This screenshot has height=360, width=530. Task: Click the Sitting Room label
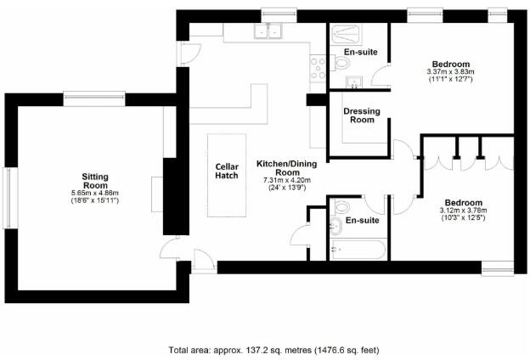click(x=94, y=179)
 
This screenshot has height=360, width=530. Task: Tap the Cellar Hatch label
click(x=227, y=172)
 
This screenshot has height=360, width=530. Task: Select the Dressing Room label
click(x=361, y=115)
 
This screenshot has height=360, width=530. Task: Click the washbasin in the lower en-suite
click(x=335, y=225)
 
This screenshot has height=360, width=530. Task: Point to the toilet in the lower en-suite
click(x=341, y=206)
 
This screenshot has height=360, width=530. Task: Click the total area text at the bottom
click(x=273, y=349)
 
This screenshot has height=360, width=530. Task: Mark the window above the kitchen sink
click(x=273, y=13)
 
